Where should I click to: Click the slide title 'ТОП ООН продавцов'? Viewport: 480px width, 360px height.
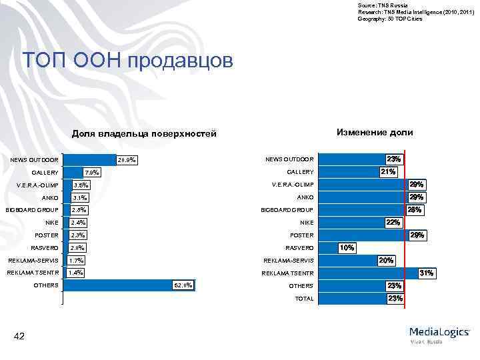coord(128,61)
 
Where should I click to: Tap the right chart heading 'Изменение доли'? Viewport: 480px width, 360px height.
coord(374,132)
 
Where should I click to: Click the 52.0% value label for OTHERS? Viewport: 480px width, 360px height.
coord(183,286)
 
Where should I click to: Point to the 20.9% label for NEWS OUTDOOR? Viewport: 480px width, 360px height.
coord(126,160)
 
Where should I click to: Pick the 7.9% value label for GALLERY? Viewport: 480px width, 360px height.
coord(92,173)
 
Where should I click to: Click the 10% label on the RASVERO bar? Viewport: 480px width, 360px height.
coord(347,248)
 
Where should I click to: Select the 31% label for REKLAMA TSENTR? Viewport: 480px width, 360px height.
coord(425,273)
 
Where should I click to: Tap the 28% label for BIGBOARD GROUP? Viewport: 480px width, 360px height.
coord(414,210)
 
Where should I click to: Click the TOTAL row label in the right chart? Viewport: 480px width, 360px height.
coord(304,299)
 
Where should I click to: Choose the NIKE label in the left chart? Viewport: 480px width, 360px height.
coord(52,223)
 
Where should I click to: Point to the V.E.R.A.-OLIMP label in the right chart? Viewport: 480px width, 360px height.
coord(292,185)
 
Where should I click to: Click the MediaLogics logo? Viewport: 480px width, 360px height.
coord(440,333)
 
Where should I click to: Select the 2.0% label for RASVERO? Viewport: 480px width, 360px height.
coord(79,248)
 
